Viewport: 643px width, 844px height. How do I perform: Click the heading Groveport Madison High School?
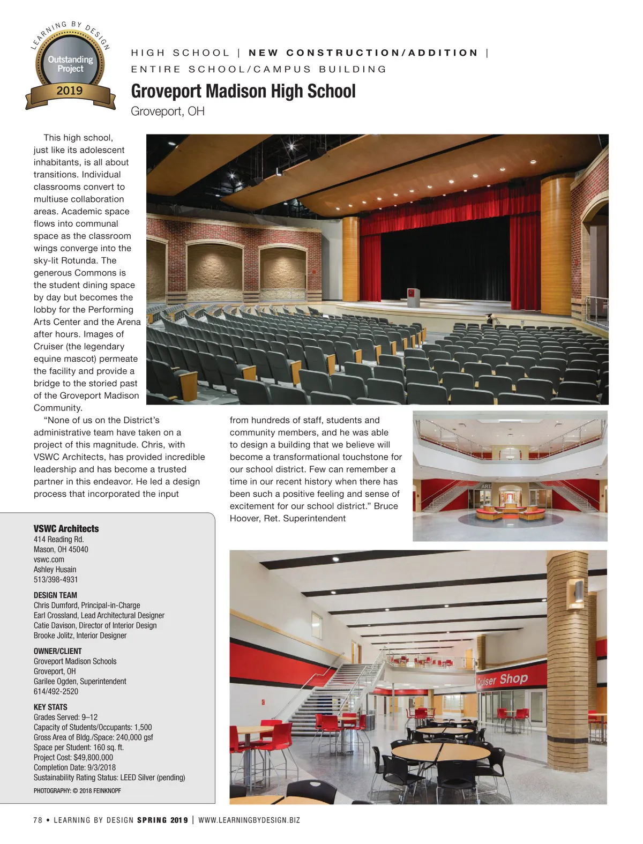pyautogui.click(x=243, y=91)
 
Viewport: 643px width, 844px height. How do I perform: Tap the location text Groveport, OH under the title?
pyautogui.click(x=168, y=111)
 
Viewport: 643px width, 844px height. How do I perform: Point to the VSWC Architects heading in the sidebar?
pyautogui.click(x=66, y=528)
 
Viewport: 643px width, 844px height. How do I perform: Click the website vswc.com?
pyautogui.click(x=49, y=559)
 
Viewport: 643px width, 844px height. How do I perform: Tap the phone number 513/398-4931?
pyautogui.click(x=56, y=579)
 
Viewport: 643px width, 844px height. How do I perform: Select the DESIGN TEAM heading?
pyautogui.click(x=55, y=595)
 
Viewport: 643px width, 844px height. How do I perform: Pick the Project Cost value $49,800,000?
pyautogui.click(x=93, y=757)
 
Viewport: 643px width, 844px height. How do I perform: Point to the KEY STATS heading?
pyautogui.click(x=50, y=707)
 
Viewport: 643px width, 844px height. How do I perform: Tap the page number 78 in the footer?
pyautogui.click(x=38, y=820)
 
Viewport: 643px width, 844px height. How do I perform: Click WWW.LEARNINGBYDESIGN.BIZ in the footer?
pyautogui.click(x=249, y=820)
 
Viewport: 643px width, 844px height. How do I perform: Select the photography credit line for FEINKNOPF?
pyautogui.click(x=77, y=790)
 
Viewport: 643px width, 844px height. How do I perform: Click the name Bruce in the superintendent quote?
pyautogui.click(x=386, y=506)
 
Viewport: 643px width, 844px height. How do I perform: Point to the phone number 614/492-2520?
pyautogui.click(x=56, y=691)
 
